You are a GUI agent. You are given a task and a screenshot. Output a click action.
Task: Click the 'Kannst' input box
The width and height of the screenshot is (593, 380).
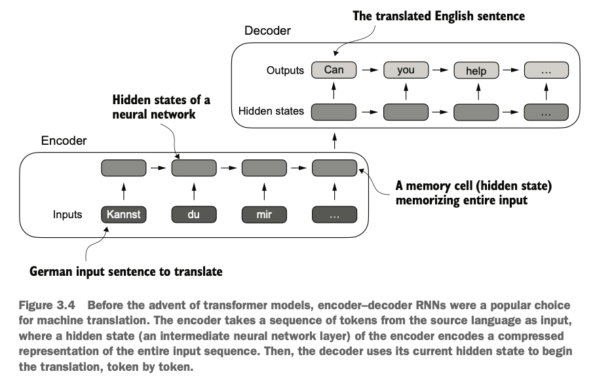click(x=124, y=214)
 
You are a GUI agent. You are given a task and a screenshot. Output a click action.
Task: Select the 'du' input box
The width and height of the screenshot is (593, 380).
click(x=194, y=214)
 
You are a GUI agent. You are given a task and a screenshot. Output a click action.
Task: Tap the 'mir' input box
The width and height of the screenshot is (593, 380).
click(x=264, y=214)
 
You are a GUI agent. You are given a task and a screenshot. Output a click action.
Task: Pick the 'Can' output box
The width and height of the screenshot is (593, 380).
click(x=334, y=70)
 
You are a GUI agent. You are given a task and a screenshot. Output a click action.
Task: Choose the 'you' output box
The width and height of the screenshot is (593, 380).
click(x=406, y=70)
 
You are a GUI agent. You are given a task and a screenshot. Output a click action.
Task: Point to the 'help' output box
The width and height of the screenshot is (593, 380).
click(x=476, y=70)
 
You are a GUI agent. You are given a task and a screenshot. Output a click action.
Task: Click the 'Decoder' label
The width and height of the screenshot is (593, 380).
click(x=267, y=30)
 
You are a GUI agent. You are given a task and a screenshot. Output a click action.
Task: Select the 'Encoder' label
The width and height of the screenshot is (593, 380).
click(x=64, y=141)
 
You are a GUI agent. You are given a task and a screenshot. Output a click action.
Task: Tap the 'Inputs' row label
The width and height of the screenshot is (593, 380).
click(x=67, y=214)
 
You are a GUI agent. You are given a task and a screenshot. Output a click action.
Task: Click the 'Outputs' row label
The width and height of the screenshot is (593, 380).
click(x=285, y=70)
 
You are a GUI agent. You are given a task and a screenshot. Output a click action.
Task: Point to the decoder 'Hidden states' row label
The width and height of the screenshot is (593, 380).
click(x=271, y=111)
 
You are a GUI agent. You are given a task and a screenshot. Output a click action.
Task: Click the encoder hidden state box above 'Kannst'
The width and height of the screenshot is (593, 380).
click(x=124, y=168)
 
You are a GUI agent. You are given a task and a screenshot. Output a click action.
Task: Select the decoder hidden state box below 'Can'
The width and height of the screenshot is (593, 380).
click(x=334, y=112)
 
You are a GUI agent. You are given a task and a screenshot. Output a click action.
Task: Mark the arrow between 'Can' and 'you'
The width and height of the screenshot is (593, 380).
click(x=370, y=70)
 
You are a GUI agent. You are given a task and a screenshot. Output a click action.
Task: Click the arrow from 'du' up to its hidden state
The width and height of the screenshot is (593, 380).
click(x=194, y=192)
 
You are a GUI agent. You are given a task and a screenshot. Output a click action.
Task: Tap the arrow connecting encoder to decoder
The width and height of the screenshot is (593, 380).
click(x=334, y=141)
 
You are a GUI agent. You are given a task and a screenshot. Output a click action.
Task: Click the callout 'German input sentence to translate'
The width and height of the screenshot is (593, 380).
click(x=126, y=271)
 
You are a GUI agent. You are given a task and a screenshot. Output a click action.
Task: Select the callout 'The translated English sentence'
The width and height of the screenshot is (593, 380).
click(x=439, y=16)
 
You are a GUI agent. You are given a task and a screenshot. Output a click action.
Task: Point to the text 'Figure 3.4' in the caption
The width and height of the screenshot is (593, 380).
click(x=47, y=305)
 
